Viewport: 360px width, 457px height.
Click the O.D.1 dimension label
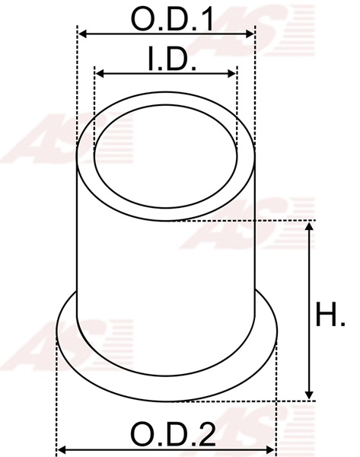(171, 18)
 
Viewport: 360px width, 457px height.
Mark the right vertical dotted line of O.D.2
(278, 396)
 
